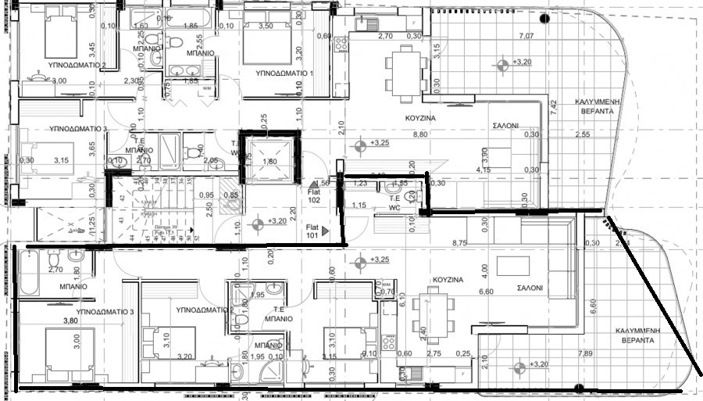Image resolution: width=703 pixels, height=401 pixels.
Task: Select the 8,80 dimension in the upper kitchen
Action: (x=419, y=134)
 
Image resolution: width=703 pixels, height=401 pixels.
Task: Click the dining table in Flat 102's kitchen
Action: (x=404, y=70)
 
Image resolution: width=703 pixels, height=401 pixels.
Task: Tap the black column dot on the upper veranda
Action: (x=545, y=19)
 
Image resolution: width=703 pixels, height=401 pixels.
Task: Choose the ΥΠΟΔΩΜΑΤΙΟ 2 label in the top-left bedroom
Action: (x=77, y=66)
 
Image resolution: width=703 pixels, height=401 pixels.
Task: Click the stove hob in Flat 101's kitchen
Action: (x=387, y=342)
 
